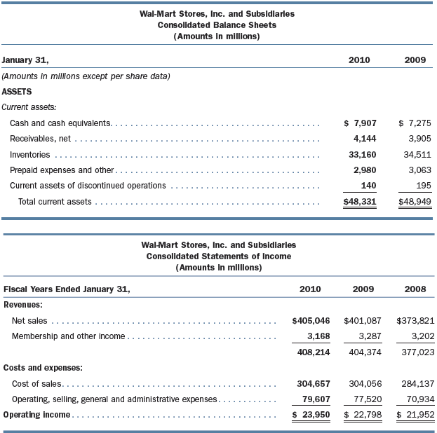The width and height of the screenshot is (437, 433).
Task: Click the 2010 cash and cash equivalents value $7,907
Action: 359,123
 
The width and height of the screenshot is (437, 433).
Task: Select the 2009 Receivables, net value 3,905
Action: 415,139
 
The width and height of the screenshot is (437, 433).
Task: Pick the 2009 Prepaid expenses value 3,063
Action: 415,170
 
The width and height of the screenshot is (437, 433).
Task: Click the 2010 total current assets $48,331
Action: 359,202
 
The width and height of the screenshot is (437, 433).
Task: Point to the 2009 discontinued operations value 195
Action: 420,185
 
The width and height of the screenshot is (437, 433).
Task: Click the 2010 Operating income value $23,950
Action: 310,415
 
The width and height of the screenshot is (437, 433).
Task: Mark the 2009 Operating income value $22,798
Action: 362,415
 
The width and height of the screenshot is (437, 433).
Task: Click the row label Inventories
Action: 29,154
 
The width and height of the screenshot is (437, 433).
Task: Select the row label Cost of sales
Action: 36,384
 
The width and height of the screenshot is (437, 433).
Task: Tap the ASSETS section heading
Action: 17,91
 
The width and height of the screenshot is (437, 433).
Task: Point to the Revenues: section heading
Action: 24,305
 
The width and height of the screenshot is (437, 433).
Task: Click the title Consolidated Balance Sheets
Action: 217,25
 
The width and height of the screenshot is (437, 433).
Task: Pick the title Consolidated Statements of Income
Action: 218,256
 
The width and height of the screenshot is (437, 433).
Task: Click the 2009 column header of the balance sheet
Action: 415,60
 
